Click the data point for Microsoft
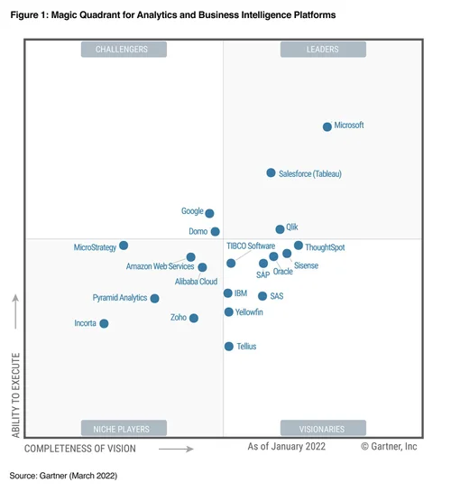(x=327, y=126)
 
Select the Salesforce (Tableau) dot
(x=271, y=172)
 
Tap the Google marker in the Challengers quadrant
(x=209, y=213)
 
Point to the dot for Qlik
(x=280, y=229)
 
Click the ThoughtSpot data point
(x=299, y=246)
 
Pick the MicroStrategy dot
(x=124, y=246)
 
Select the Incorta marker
(x=104, y=323)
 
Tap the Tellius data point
(x=229, y=346)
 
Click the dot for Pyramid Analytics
(x=154, y=298)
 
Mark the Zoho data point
(x=194, y=318)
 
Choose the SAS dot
(x=262, y=295)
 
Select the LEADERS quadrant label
(x=322, y=50)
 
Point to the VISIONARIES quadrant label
(x=322, y=428)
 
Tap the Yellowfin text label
(x=249, y=312)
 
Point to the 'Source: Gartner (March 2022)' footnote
(x=63, y=475)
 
